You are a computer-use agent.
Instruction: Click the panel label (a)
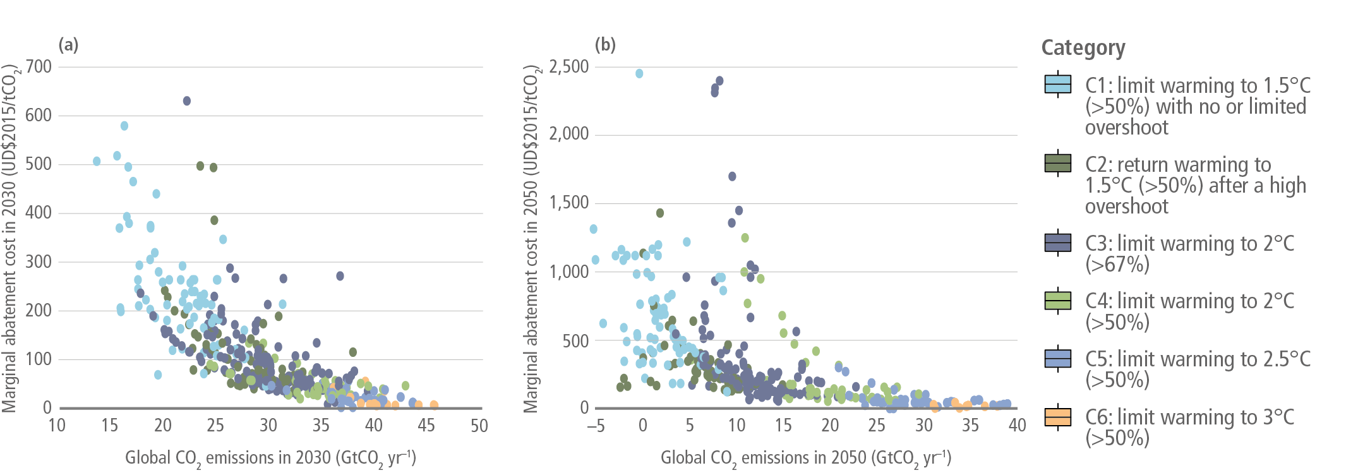click(68, 45)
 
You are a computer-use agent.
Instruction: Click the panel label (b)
click(605, 45)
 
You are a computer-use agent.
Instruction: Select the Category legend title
click(1083, 48)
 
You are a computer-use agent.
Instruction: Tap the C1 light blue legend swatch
click(1058, 84)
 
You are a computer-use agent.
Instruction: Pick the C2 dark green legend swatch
click(1058, 163)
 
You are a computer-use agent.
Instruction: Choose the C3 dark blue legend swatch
click(1058, 243)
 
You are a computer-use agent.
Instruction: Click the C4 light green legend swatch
click(1058, 300)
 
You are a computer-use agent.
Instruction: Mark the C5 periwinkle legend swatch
click(1058, 358)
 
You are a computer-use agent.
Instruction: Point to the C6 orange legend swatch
click(1058, 416)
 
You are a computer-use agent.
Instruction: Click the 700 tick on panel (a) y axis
click(39, 66)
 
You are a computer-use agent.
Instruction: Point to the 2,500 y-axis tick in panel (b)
click(568, 66)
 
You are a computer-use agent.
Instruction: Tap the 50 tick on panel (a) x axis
click(479, 426)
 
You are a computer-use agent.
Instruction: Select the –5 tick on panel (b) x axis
click(596, 426)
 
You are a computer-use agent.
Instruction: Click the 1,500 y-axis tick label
click(568, 203)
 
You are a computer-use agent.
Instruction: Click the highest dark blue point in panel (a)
click(187, 101)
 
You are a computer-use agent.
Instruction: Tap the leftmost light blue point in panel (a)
click(97, 161)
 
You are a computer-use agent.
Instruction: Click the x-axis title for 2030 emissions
click(270, 458)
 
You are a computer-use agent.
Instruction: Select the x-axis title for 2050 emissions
click(806, 458)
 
